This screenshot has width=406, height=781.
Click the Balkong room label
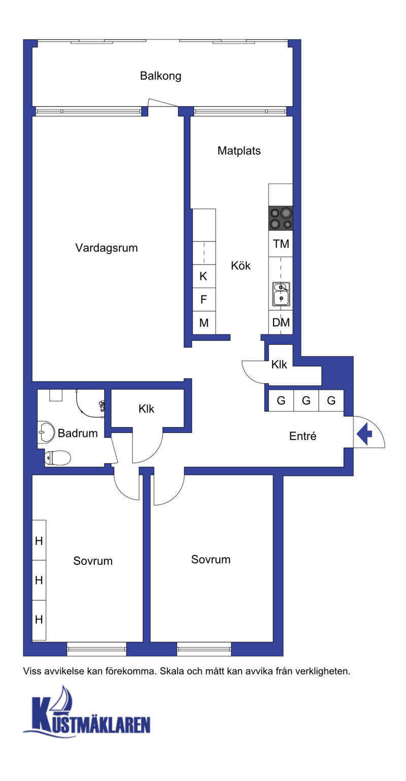pyautogui.click(x=160, y=76)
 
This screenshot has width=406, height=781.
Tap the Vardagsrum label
pyautogui.click(x=107, y=248)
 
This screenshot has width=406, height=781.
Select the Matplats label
pyautogui.click(x=239, y=151)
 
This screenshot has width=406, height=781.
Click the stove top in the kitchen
pyautogui.click(x=281, y=218)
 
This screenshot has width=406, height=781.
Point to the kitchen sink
pyautogui.click(x=281, y=294)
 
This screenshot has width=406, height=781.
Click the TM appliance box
pyautogui.click(x=281, y=244)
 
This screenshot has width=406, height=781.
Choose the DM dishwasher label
pyautogui.click(x=281, y=323)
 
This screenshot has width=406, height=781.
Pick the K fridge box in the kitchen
pyautogui.click(x=204, y=276)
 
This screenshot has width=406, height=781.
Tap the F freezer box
pyautogui.click(x=204, y=299)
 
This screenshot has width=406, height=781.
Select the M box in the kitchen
pyautogui.click(x=204, y=323)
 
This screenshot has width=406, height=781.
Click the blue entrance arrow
pyautogui.click(x=364, y=434)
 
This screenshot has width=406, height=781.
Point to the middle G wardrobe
pyautogui.click(x=306, y=400)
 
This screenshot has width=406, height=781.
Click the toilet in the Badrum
pyautogui.click(x=57, y=458)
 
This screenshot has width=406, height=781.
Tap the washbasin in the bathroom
pyautogui.click(x=46, y=432)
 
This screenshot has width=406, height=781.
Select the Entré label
pyautogui.click(x=303, y=436)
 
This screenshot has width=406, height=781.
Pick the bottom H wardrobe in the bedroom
pyautogui.click(x=39, y=620)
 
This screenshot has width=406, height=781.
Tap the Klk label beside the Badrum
pyautogui.click(x=146, y=409)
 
